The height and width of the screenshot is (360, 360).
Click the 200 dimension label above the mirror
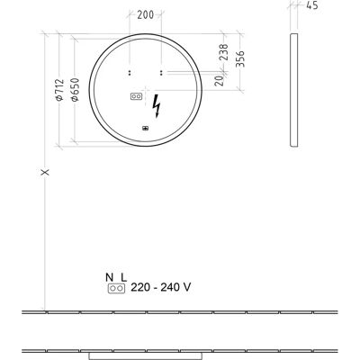click(146, 14)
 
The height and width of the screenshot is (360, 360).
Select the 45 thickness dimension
click(312, 5)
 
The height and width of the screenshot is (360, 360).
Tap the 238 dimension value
click(223, 52)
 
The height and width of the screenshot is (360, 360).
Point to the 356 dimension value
click(240, 59)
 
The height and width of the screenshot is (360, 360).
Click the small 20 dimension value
click(220, 80)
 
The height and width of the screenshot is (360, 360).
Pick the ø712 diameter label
click(60, 90)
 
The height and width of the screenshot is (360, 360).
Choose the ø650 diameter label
click(75, 89)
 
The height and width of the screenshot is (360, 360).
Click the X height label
click(45, 172)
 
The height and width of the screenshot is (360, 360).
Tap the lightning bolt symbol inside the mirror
click(157, 106)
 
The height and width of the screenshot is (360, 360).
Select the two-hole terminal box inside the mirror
click(136, 96)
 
